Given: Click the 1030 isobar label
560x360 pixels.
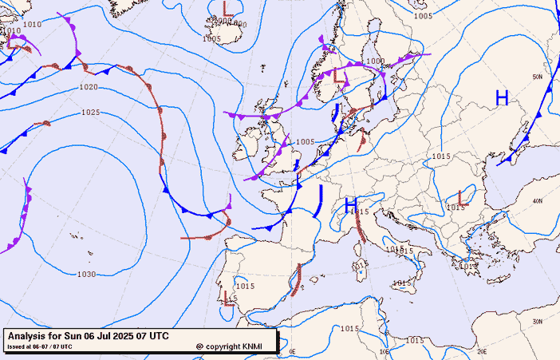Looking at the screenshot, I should click(x=87, y=275).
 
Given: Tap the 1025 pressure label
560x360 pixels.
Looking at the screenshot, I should click(x=90, y=113).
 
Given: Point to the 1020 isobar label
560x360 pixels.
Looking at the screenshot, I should click(x=89, y=87).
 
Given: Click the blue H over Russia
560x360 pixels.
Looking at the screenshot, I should click(x=502, y=98).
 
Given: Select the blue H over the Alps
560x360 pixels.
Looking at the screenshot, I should click(x=350, y=206).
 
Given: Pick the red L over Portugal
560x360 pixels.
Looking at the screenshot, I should click(x=230, y=299).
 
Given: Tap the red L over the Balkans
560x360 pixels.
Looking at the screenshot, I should click(x=461, y=196).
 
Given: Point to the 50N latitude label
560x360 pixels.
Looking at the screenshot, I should click(x=538, y=77).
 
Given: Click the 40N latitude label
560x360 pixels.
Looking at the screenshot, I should click(x=538, y=200).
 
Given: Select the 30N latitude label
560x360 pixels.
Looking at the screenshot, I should click(x=538, y=322).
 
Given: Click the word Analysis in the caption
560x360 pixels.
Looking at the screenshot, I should click(x=30, y=336).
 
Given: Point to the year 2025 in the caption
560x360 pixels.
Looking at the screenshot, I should click(x=120, y=336).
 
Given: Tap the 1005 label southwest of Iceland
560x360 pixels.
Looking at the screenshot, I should click(x=211, y=38).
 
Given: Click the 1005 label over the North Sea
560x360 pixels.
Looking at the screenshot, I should click(x=305, y=142).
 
